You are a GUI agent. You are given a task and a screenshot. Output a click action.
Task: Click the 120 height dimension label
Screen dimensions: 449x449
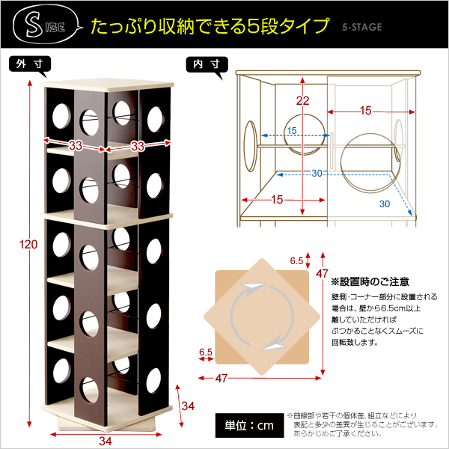28,245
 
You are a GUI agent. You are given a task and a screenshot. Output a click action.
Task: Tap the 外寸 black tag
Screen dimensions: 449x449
30,64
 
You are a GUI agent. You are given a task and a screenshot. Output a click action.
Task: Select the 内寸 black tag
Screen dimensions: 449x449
207,64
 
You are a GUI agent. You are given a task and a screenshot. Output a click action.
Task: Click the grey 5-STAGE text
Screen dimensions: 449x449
362,27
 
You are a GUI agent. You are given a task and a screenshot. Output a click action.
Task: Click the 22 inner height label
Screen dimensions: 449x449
302,101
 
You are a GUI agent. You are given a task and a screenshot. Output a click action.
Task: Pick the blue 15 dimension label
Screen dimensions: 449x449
292,131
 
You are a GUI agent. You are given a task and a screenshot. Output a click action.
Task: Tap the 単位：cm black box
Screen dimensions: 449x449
249,425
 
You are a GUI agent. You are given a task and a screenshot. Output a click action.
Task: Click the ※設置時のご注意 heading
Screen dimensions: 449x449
370,282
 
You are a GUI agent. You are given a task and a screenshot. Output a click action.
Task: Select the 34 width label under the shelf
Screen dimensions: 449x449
105,442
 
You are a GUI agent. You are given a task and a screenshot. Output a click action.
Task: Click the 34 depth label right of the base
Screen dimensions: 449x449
188,406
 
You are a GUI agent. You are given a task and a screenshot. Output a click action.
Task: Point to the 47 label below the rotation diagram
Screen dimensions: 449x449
222,379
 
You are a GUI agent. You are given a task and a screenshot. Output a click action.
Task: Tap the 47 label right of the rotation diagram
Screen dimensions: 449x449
322,274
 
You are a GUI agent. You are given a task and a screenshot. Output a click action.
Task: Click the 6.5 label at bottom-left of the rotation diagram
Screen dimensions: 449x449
206,352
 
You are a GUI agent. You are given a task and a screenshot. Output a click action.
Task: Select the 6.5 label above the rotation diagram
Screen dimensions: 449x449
296,261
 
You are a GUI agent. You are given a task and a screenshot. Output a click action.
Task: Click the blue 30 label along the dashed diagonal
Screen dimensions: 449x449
385,204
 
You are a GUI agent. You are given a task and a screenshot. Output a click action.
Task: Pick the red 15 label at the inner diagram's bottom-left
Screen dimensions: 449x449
277,200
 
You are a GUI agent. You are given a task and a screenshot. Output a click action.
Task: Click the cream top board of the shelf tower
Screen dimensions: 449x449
107,85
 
